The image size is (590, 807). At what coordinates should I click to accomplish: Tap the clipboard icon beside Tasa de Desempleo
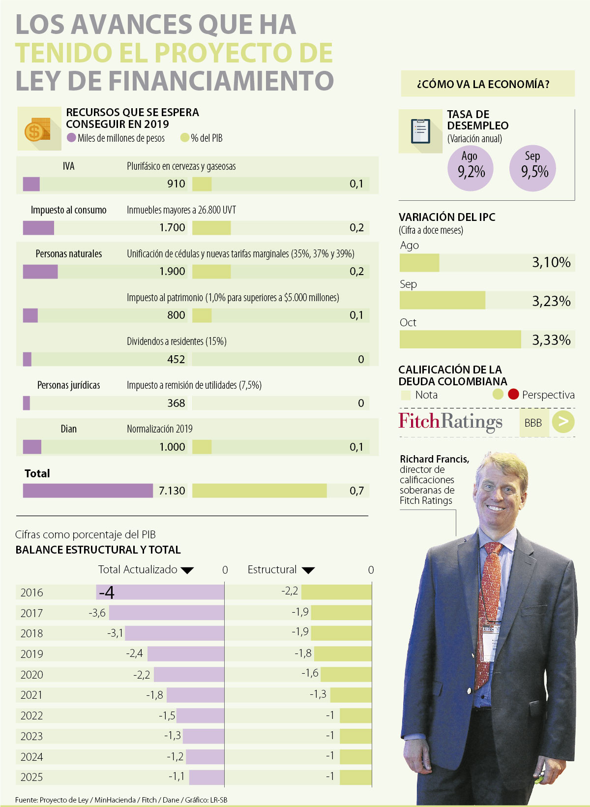[420, 131]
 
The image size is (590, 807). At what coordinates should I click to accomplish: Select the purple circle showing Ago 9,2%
[471, 168]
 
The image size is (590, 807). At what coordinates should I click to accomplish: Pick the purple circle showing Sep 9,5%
[533, 168]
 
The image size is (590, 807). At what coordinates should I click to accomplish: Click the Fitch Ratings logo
[450, 422]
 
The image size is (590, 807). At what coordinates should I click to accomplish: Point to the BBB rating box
[533, 423]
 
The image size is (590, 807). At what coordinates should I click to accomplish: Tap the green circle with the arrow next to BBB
[563, 422]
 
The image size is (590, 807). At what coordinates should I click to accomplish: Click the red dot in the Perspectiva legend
[513, 394]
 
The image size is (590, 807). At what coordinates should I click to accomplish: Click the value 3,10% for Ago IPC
[551, 262]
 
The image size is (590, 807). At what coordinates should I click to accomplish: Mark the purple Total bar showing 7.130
[88, 491]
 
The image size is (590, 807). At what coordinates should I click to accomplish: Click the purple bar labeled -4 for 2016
[160, 592]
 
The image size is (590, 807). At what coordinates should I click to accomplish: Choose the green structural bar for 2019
[343, 653]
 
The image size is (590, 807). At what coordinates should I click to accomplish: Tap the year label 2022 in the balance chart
[31, 715]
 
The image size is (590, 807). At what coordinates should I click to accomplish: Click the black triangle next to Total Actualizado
[187, 570]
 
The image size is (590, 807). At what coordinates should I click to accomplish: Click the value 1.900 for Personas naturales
[172, 271]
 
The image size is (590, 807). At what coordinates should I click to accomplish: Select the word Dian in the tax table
[68, 429]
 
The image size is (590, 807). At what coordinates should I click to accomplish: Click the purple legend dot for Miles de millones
[71, 138]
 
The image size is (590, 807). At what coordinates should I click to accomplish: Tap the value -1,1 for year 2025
[177, 776]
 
